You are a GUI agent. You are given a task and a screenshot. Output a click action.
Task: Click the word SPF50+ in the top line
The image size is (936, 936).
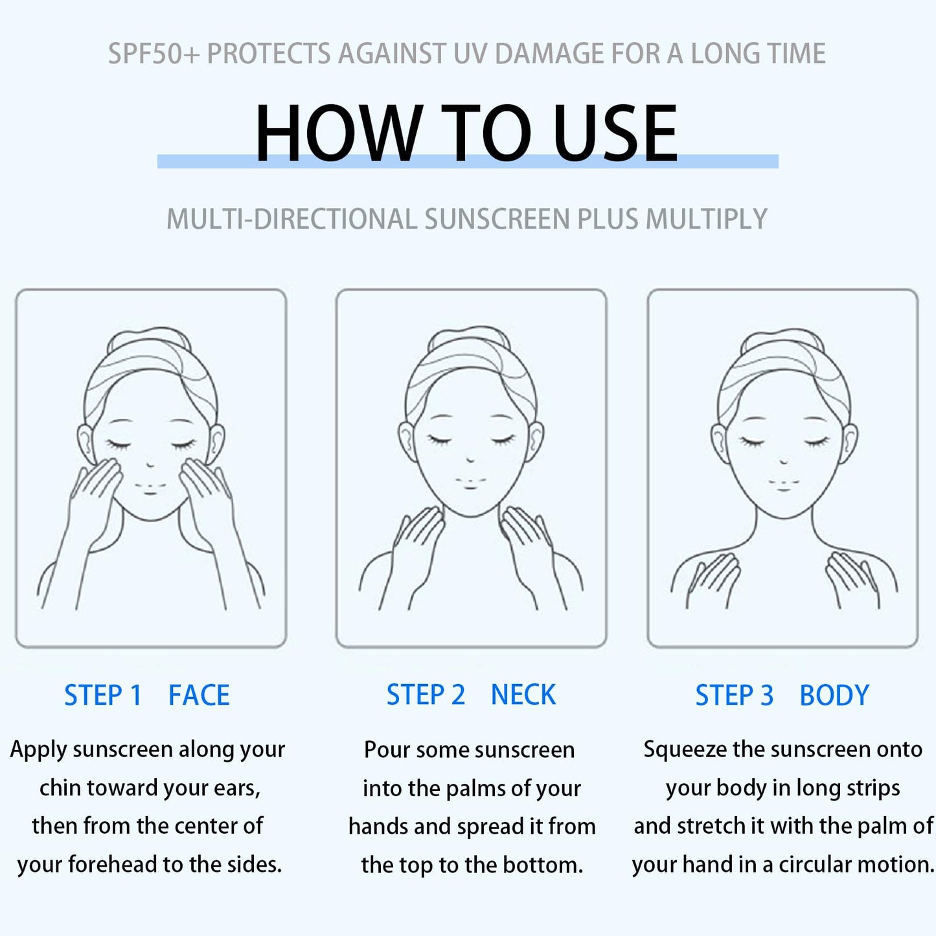pyautogui.click(x=154, y=53)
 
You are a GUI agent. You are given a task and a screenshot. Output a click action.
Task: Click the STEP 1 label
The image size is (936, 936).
pyautogui.click(x=103, y=694)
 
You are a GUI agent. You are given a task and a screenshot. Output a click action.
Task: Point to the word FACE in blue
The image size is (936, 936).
pyautogui.click(x=199, y=694)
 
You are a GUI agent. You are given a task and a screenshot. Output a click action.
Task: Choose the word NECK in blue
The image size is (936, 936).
pyautogui.click(x=523, y=694)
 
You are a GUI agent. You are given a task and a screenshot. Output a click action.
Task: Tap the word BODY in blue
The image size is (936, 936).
pyautogui.click(x=834, y=695)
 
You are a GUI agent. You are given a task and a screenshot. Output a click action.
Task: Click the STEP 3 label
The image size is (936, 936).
pyautogui.click(x=734, y=695)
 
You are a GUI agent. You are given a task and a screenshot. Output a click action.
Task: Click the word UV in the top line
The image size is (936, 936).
pyautogui.click(x=470, y=53)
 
